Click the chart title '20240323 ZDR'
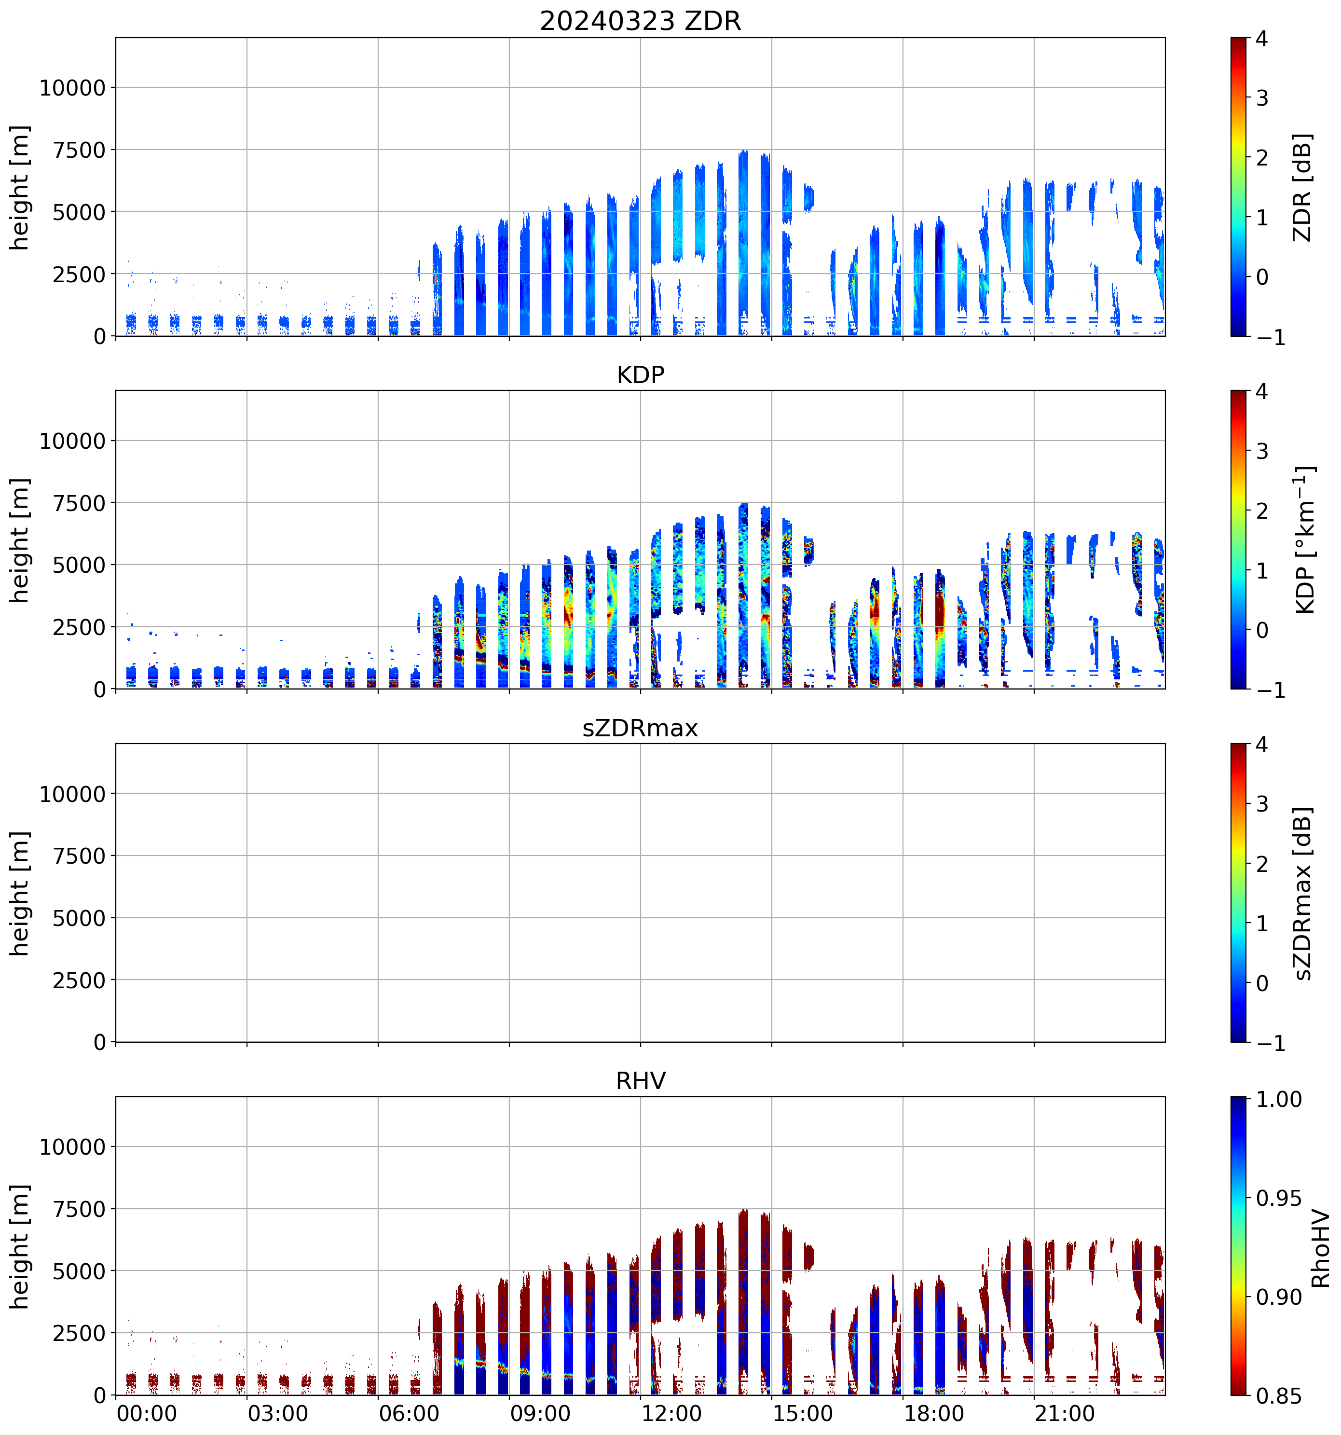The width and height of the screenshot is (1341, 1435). tap(640, 21)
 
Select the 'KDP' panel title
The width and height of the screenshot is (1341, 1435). tap(640, 374)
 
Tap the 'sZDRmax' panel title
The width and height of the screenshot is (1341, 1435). tap(640, 728)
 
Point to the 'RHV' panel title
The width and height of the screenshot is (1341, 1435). tap(640, 1080)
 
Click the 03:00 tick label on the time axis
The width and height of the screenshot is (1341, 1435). tap(278, 1413)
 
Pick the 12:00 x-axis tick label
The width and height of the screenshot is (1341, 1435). tap(671, 1413)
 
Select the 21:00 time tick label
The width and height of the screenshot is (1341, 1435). tap(1065, 1413)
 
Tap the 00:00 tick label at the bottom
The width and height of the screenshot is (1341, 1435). tap(147, 1413)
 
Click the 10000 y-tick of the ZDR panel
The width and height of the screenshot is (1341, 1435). tap(72, 88)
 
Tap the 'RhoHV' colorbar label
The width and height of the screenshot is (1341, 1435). tap(1320, 1248)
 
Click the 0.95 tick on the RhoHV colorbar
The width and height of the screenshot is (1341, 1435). tap(1279, 1198)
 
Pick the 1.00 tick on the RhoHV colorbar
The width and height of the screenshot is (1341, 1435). tap(1279, 1099)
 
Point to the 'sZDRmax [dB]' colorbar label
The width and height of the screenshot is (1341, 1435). tap(1301, 893)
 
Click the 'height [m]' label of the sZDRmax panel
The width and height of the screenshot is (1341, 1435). tap(19, 894)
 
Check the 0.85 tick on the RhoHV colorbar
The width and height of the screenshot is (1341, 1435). tap(1279, 1396)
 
